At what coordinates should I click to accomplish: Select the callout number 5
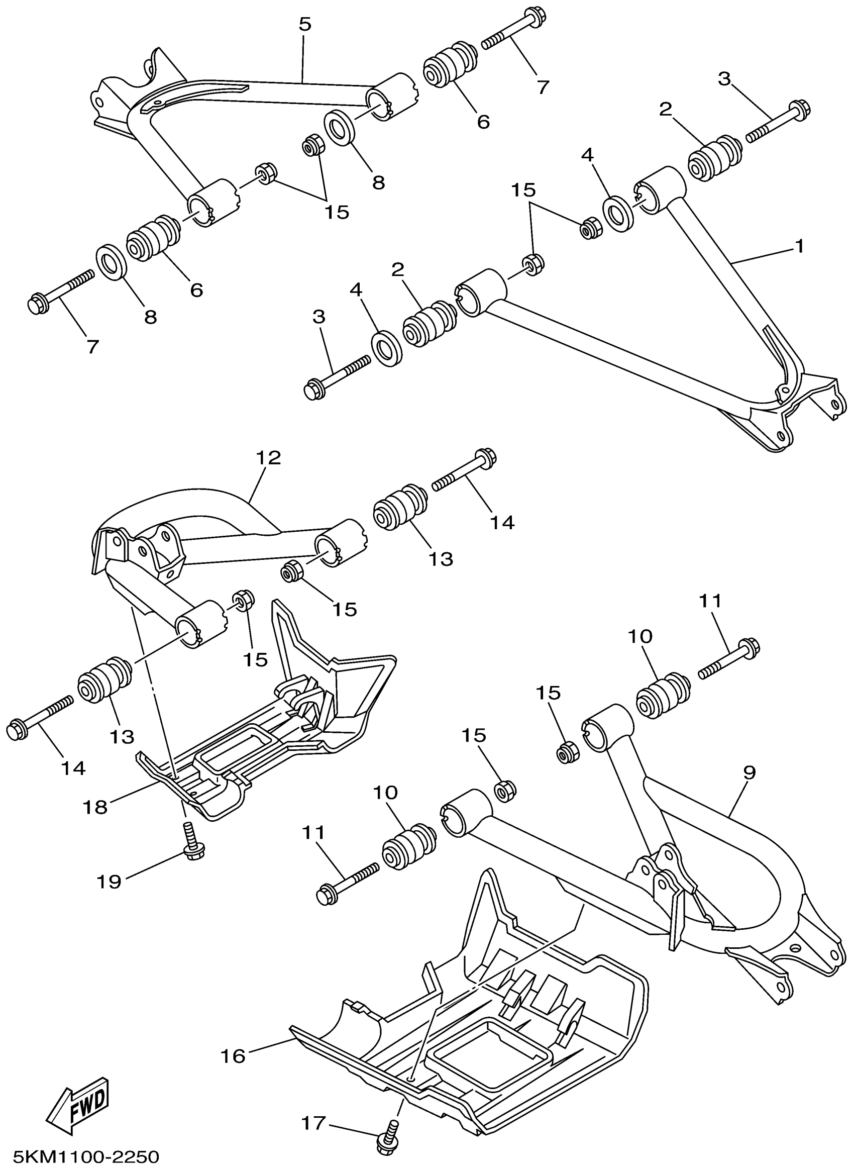(x=305, y=24)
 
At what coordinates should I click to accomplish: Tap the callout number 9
(x=749, y=773)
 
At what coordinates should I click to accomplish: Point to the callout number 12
(x=268, y=457)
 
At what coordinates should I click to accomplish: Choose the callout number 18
(x=95, y=807)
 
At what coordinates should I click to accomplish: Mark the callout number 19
(x=109, y=881)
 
